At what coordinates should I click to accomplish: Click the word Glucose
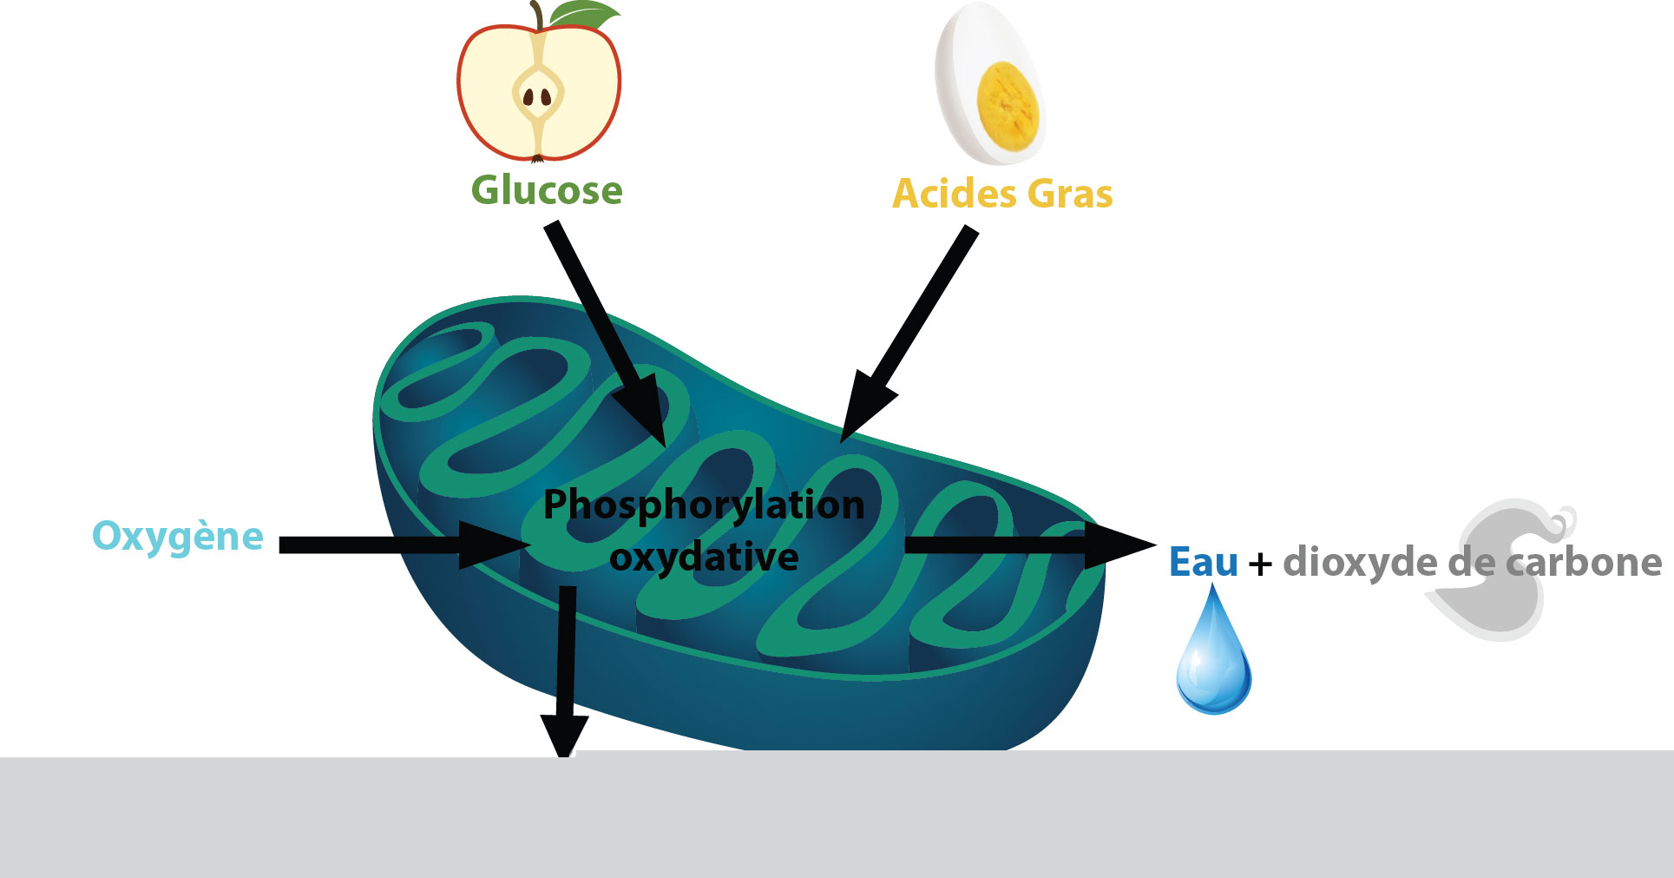547,190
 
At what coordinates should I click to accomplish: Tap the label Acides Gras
1002,194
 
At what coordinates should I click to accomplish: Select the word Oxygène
178,536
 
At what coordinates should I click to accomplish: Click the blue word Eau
1203,562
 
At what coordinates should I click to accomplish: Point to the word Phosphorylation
704,505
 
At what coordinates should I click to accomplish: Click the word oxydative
704,557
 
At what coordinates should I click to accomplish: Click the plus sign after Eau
1260,565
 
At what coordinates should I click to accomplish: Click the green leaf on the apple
586,15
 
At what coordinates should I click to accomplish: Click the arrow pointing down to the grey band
566,669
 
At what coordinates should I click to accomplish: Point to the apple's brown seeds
538,96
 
